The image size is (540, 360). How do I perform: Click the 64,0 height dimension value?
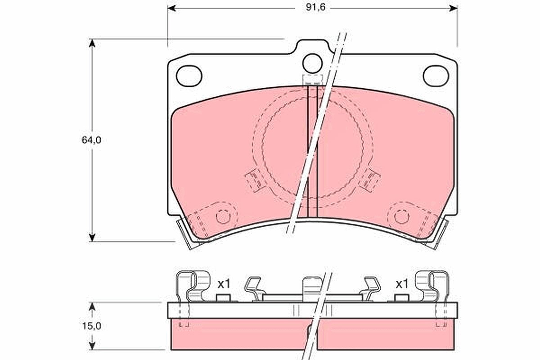tap(91, 140)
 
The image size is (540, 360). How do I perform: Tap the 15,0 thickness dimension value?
tap(92, 326)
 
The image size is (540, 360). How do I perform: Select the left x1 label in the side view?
tap(224, 284)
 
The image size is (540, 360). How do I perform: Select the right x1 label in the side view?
tap(402, 284)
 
